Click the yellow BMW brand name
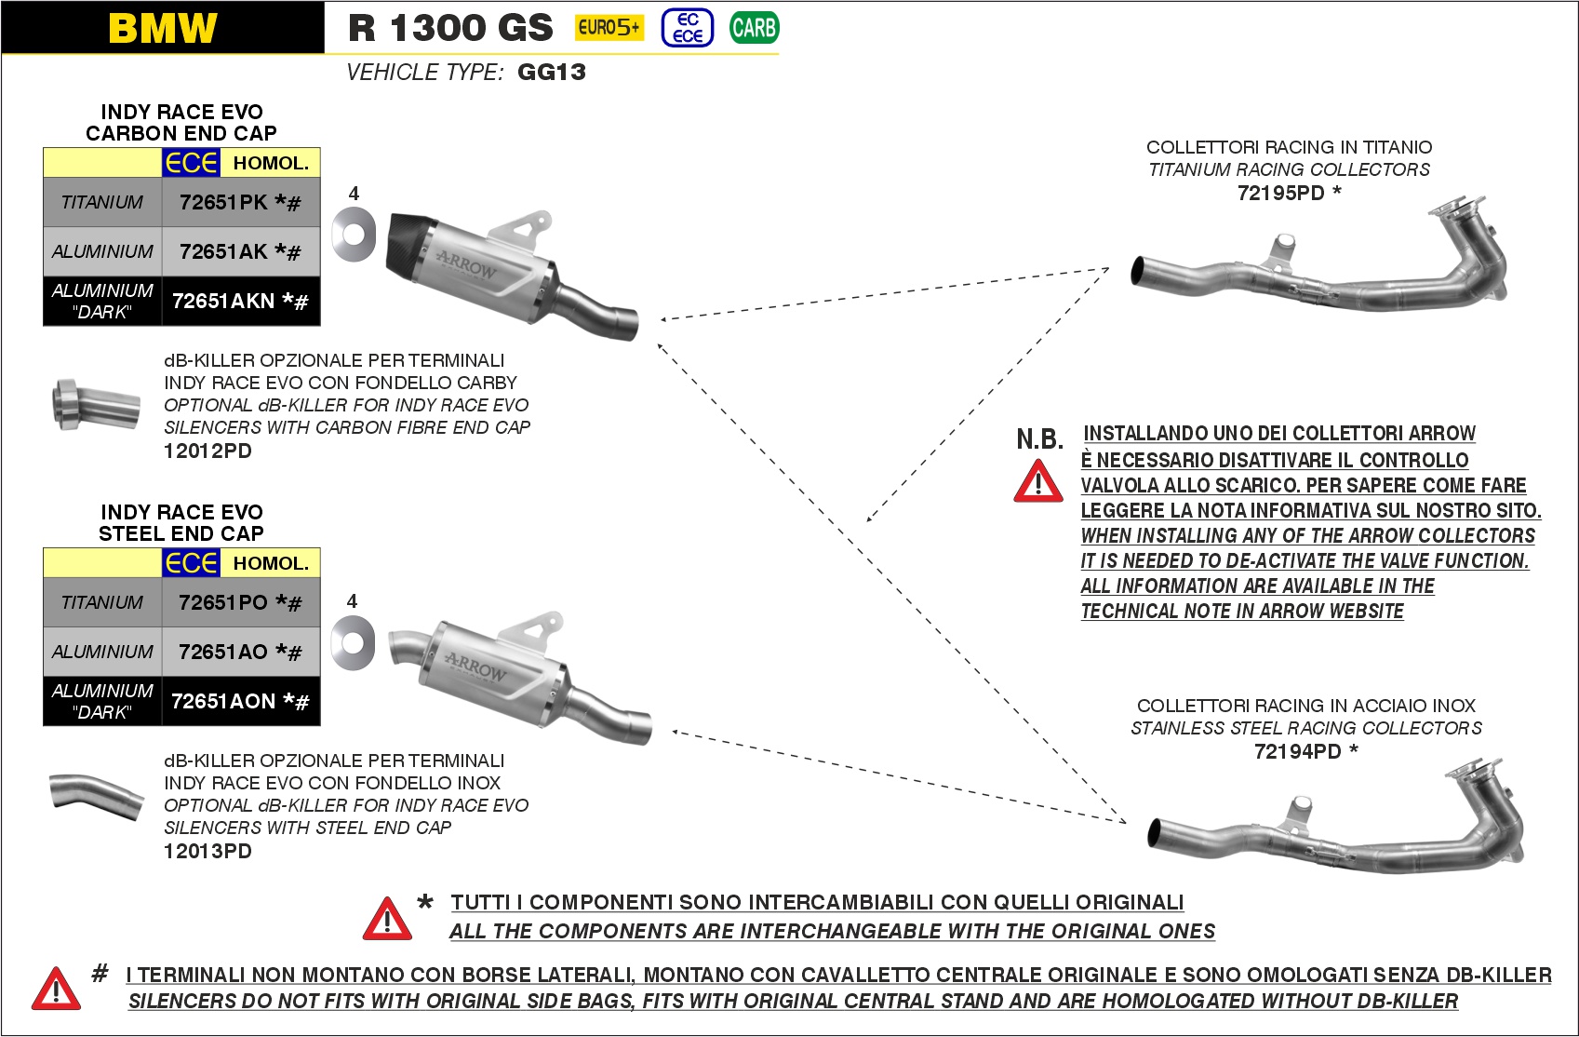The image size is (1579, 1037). point(163,28)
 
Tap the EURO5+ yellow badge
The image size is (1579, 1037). point(609,28)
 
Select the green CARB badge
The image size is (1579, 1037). point(754,28)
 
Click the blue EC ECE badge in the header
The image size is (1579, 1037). point(688,28)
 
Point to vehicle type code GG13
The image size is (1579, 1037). point(552,73)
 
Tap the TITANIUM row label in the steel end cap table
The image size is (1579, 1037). point(102,602)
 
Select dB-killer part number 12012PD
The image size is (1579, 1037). point(207,451)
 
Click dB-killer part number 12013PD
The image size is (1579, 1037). point(207,852)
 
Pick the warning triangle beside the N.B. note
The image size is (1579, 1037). point(1038,482)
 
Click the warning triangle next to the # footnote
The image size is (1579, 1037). point(56,989)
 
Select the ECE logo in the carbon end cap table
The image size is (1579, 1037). point(191,163)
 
